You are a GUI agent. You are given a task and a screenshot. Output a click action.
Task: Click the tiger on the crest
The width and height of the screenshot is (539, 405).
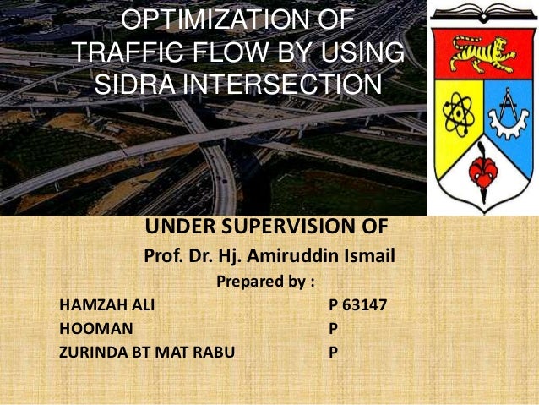coord(482,56)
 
